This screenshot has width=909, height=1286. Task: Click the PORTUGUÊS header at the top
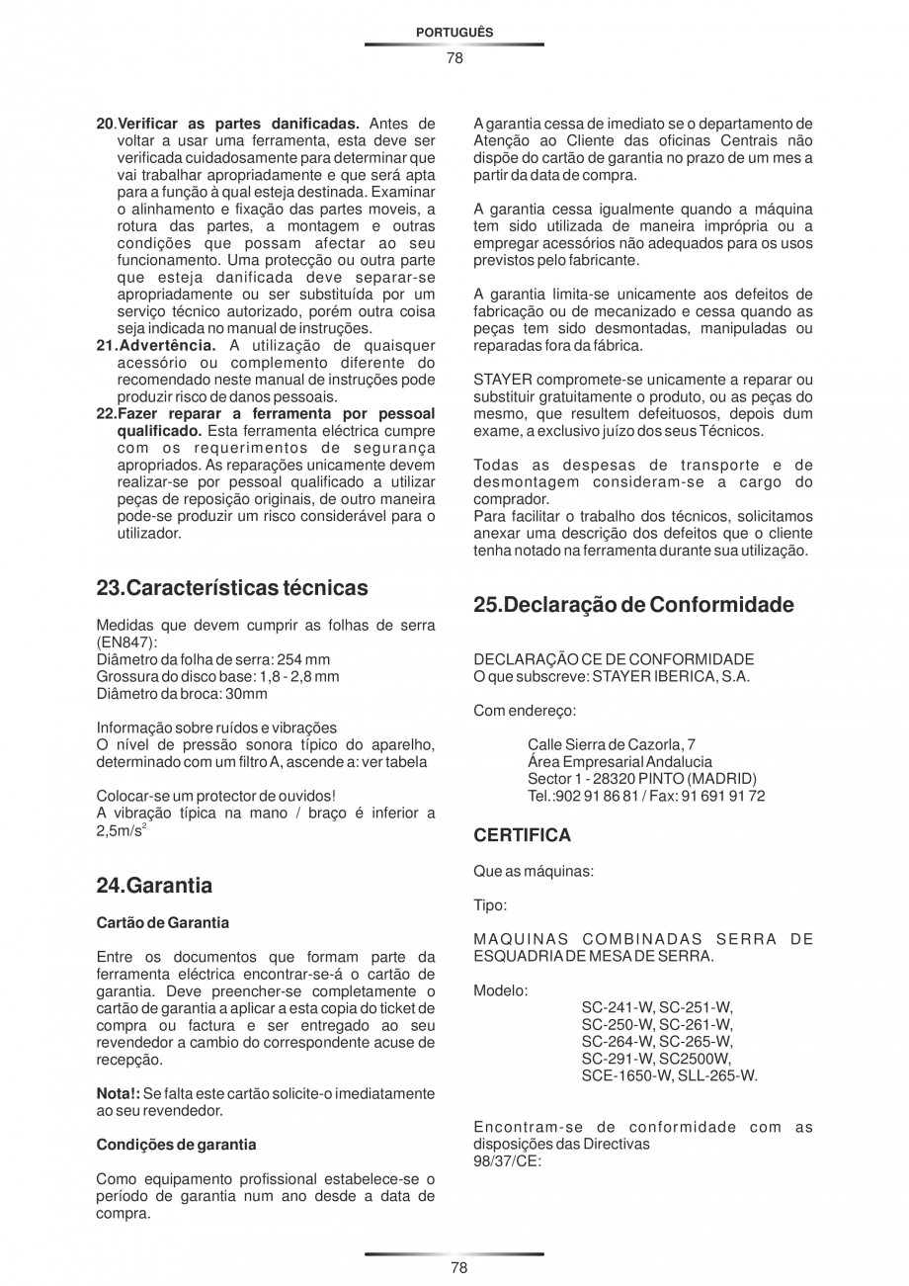coord(454,33)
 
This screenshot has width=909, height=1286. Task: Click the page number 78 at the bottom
coord(454,1268)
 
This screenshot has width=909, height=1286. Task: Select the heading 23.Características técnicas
coord(232,588)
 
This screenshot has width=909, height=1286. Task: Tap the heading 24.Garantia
coord(154,885)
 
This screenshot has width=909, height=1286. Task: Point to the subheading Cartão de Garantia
coord(162,922)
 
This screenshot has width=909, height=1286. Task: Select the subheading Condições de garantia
coord(176,1145)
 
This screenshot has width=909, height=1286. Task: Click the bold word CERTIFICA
coord(522,835)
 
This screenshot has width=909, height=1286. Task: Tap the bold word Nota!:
coord(118,1094)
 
